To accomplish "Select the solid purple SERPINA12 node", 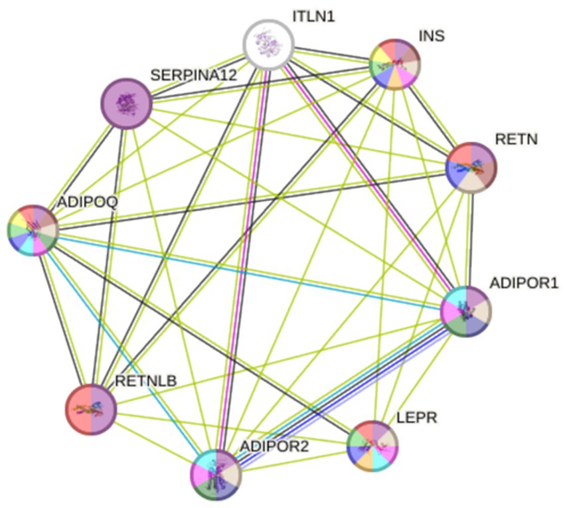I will coord(125,104).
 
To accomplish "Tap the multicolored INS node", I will coord(394,64).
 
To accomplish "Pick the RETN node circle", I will coord(471,167).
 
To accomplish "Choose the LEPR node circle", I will coord(372,446).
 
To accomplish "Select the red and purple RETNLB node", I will coord(91,408).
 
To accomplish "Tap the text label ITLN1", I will coord(314,15).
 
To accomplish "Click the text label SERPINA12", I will coord(193,75).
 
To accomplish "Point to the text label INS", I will coord(432,35).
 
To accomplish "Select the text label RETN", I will coord(516,139).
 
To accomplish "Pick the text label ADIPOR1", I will coord(524,284).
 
